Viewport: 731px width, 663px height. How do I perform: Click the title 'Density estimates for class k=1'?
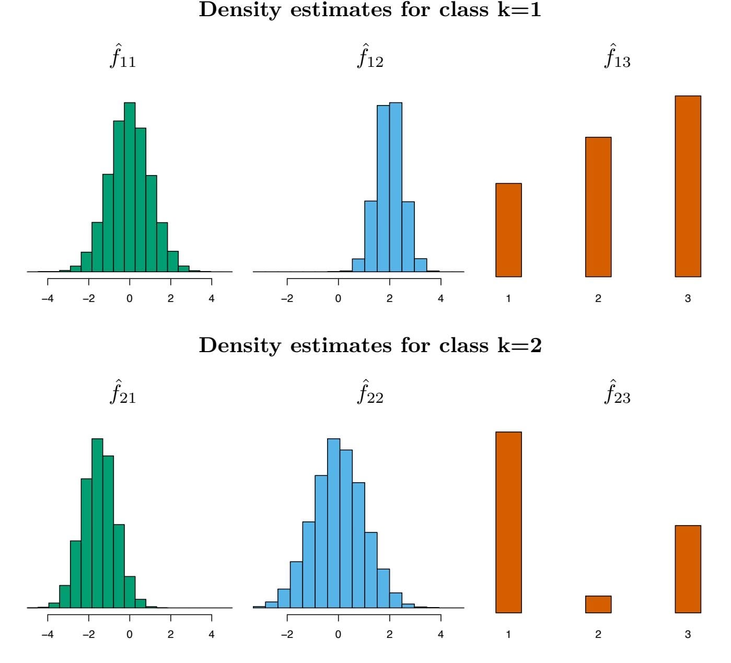[370, 11]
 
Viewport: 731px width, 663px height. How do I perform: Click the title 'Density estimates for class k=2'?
[370, 346]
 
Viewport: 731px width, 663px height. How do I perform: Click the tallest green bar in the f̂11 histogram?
[130, 188]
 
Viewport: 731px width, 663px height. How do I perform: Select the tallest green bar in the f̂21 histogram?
[97, 522]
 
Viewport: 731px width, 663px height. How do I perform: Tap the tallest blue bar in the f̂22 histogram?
[333, 522]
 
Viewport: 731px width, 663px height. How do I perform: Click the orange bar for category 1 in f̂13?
[508, 230]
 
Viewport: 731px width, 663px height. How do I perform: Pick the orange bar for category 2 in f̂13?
[598, 207]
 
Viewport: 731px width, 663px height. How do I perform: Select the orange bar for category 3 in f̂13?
[688, 186]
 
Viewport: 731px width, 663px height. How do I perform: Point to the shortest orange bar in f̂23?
[598, 604]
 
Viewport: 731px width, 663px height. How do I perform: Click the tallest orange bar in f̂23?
[508, 522]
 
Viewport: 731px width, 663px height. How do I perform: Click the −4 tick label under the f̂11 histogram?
[48, 299]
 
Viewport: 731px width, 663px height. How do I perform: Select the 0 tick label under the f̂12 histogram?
[338, 299]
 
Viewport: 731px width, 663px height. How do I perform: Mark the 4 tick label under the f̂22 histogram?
[440, 635]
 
